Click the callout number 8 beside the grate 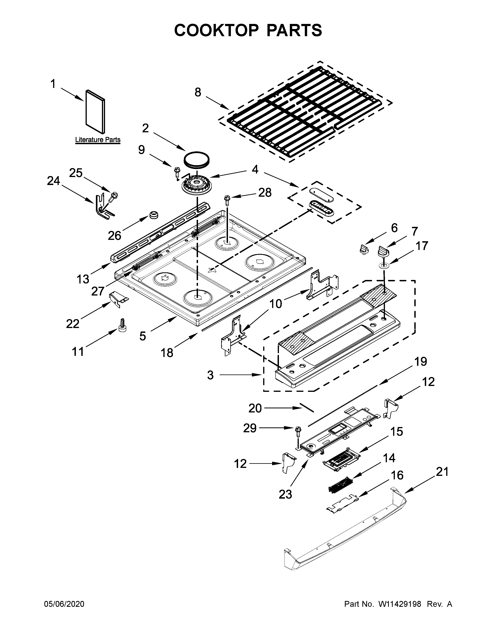[x=198, y=92]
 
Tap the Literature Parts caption [x=98, y=140]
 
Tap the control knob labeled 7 [x=383, y=251]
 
